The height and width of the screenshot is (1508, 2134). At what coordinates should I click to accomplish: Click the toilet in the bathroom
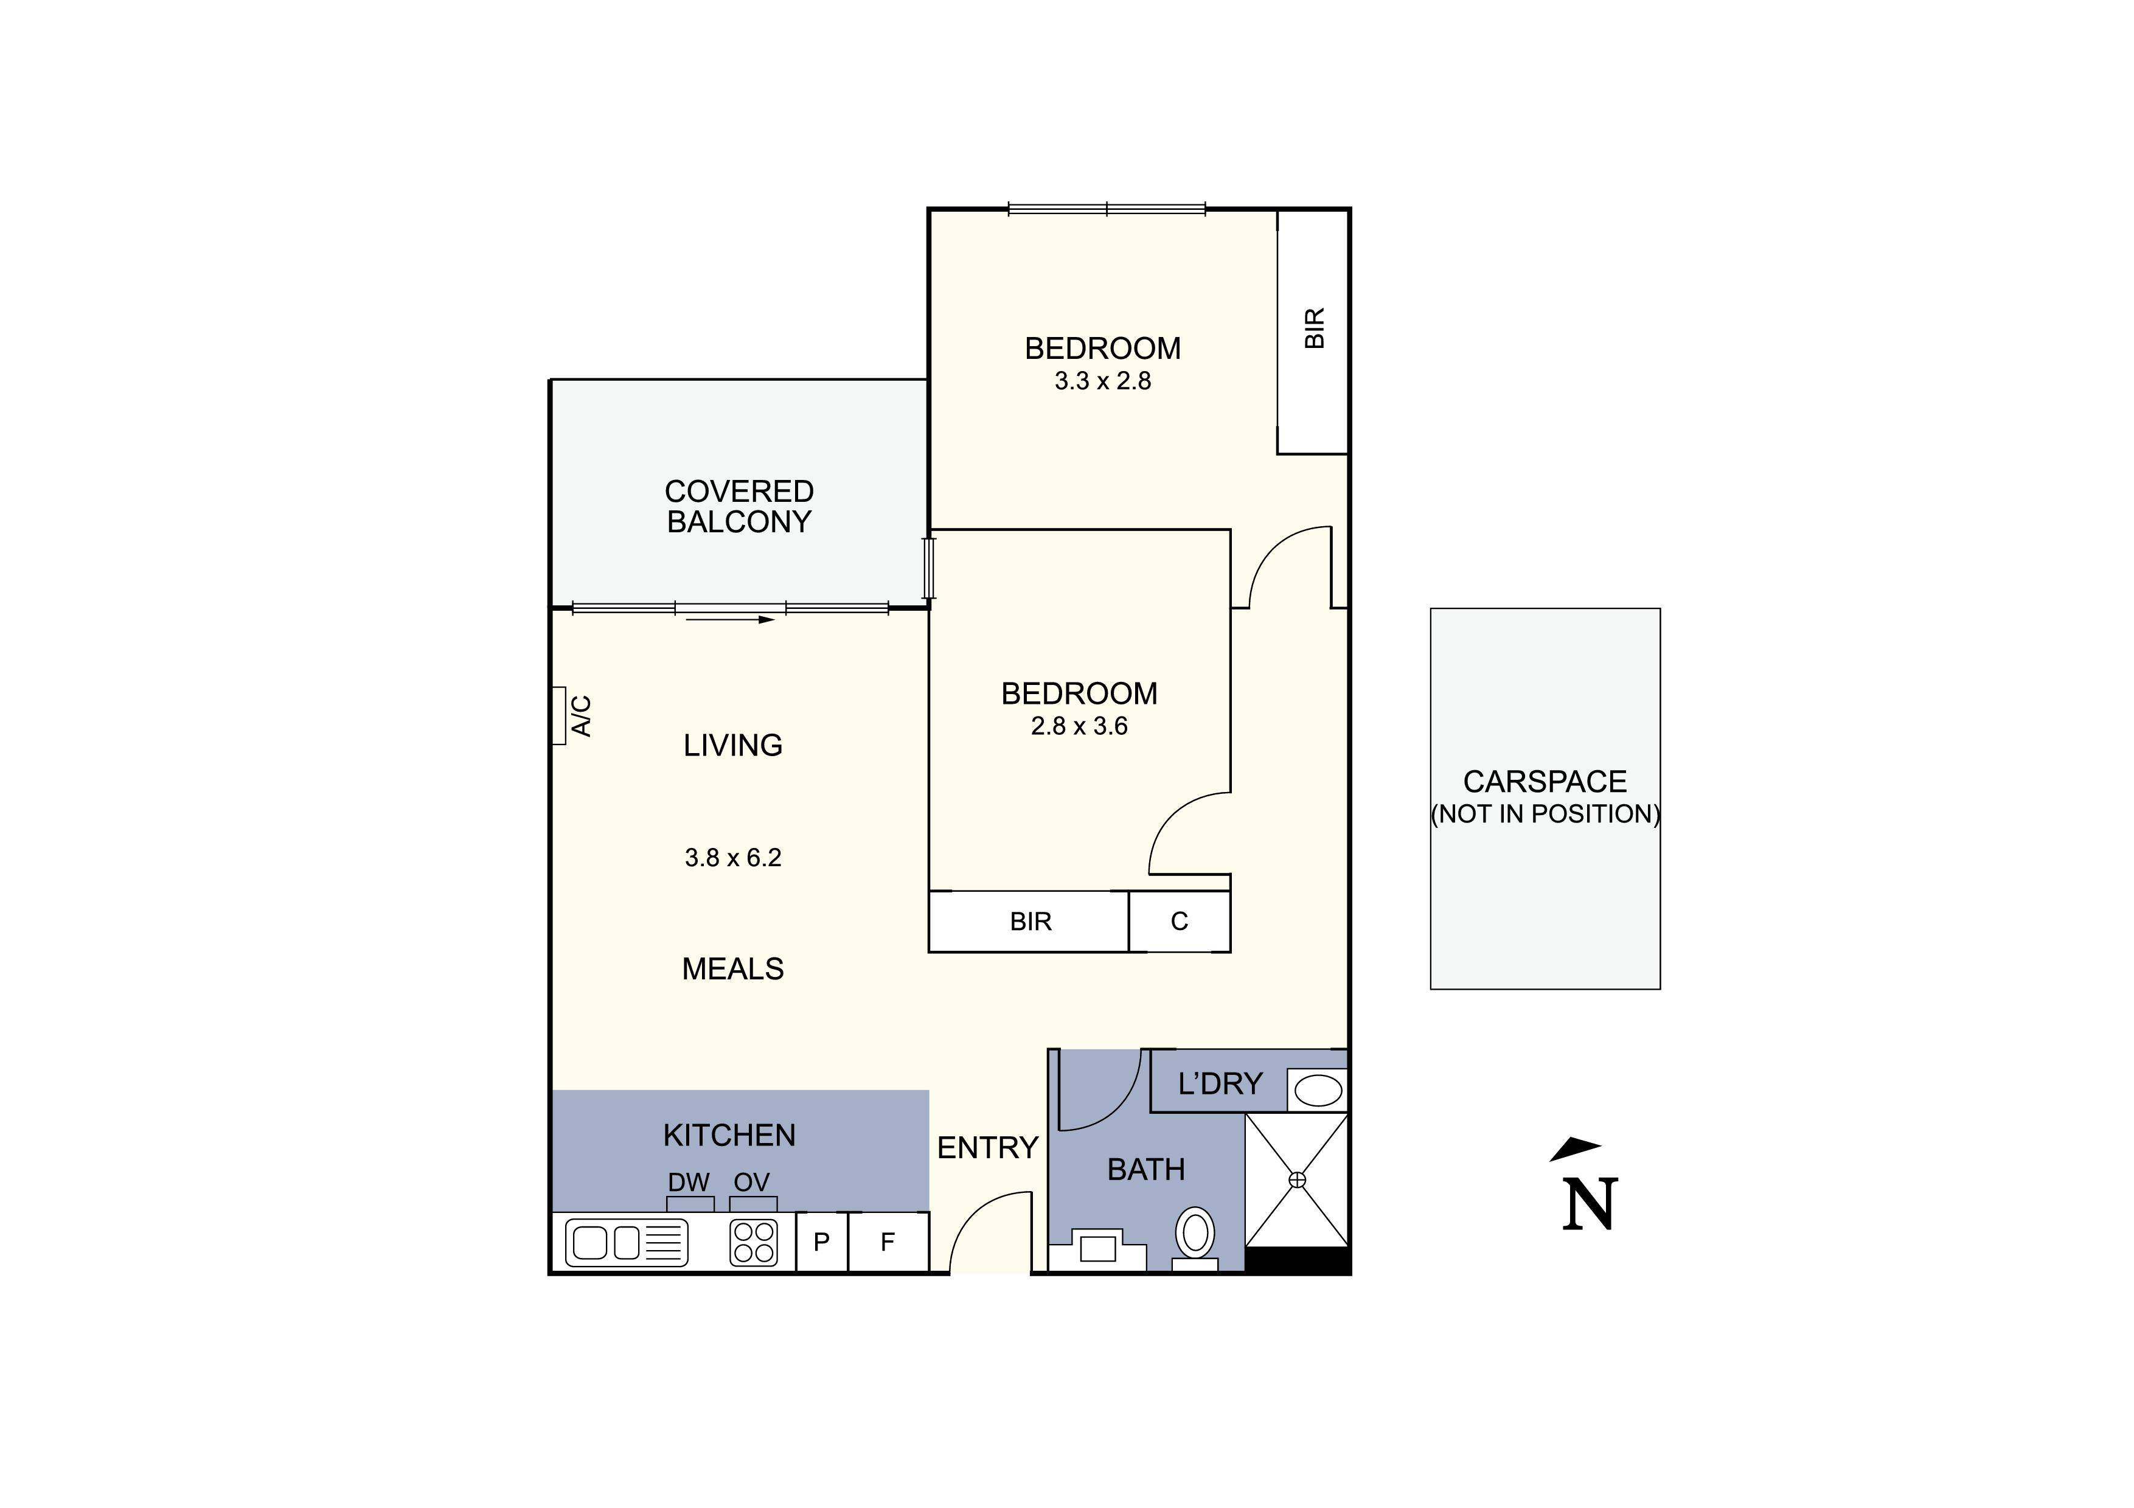[x=1195, y=1238]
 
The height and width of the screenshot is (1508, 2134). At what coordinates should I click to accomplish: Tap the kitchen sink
[x=627, y=1242]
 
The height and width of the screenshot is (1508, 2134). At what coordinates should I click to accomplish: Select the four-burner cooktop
[x=754, y=1242]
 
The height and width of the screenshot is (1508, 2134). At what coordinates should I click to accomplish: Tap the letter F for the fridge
[x=888, y=1242]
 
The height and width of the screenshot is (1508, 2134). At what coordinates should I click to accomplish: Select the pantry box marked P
[x=822, y=1242]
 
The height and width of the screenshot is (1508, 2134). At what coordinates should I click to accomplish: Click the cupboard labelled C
[x=1180, y=922]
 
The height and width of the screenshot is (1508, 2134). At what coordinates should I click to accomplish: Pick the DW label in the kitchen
[x=689, y=1182]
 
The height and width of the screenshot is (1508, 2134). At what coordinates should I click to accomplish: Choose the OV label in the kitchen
[x=752, y=1182]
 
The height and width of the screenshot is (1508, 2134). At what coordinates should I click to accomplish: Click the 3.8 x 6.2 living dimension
[x=733, y=858]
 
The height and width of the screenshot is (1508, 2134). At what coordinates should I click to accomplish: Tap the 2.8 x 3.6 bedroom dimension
[x=1079, y=726]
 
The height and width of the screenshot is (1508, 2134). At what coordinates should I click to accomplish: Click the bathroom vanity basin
[x=1097, y=1248]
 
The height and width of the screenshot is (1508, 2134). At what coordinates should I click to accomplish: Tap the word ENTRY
[x=987, y=1148]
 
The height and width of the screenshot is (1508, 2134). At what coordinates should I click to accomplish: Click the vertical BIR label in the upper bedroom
[x=1314, y=328]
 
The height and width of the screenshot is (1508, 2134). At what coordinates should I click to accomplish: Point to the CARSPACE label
[x=1545, y=782]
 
